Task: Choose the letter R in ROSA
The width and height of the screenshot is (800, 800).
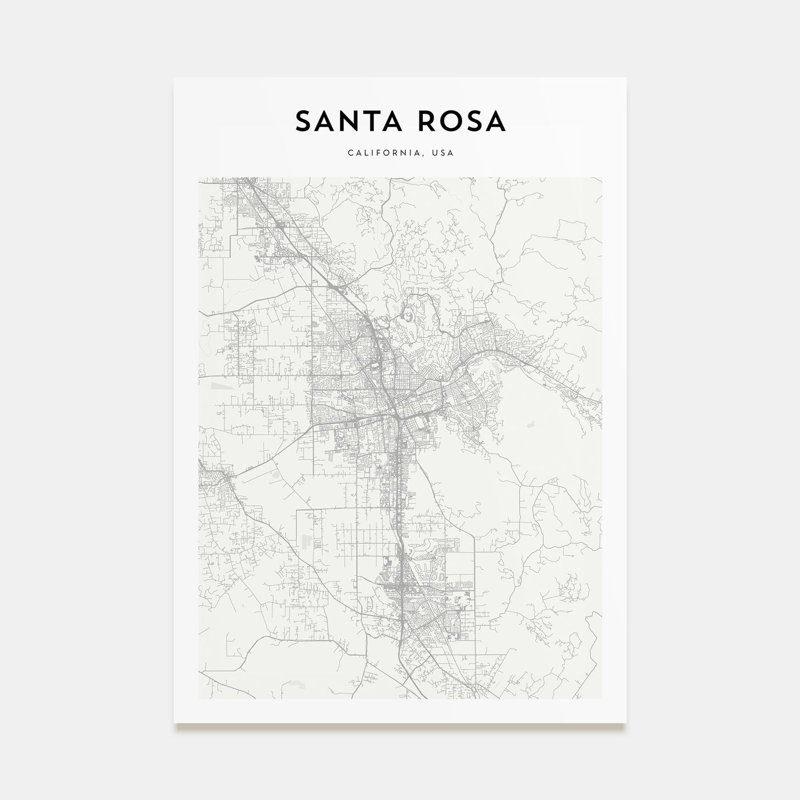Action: pyautogui.click(x=424, y=121)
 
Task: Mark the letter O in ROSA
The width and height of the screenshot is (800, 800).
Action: pyautogui.click(x=449, y=121)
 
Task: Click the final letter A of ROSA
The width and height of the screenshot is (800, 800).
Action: pyautogui.click(x=496, y=121)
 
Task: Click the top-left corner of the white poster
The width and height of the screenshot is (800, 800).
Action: pyautogui.click(x=174, y=78)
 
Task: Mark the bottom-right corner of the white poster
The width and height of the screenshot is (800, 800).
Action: pyautogui.click(x=626, y=723)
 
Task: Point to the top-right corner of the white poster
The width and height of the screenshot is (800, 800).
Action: pyautogui.click(x=626, y=78)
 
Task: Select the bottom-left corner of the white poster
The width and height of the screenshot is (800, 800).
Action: pyautogui.click(x=174, y=723)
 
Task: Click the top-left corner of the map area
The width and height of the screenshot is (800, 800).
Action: pyautogui.click(x=198, y=177)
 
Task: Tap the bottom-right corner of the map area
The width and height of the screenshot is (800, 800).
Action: pyautogui.click(x=602, y=698)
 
